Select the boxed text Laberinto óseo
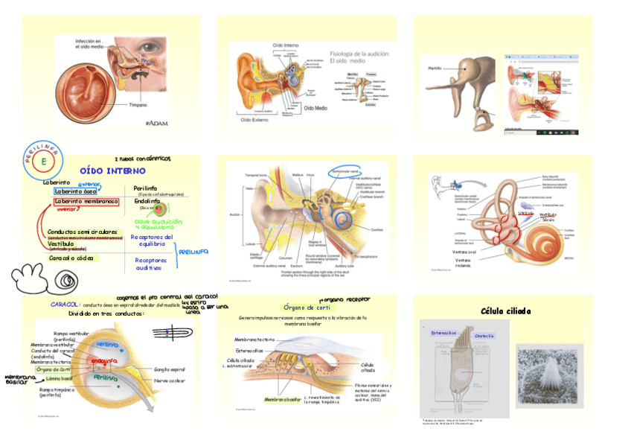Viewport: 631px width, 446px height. click(74, 191)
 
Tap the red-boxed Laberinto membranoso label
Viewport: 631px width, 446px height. click(86, 201)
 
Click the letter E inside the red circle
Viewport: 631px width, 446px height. click(44, 161)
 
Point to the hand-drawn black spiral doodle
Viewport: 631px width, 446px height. click(66, 281)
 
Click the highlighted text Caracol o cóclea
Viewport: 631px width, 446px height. click(71, 258)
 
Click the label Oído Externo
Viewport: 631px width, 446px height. click(254, 118)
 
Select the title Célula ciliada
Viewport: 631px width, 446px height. click(505, 310)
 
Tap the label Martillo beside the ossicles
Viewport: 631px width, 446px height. click(436, 69)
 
